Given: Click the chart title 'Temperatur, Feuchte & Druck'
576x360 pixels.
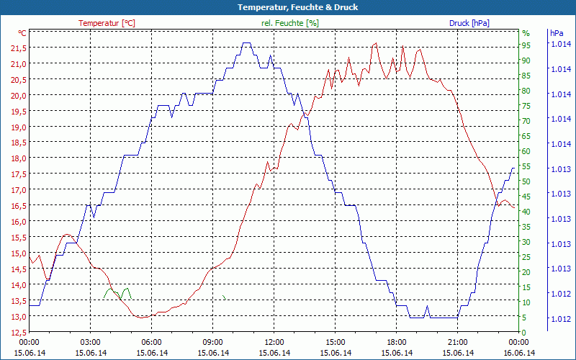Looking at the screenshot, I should click(x=287, y=7).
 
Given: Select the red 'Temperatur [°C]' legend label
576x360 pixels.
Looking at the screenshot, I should click(x=107, y=23).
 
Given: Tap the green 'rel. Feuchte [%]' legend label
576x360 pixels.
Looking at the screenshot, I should click(x=289, y=23).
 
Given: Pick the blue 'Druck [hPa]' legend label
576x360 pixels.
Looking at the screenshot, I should click(x=469, y=23).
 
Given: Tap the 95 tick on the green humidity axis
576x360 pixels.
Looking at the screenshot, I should click(x=526, y=45).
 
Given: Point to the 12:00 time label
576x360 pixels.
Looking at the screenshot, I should click(x=274, y=342).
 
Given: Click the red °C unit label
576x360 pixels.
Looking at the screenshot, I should click(x=22, y=33).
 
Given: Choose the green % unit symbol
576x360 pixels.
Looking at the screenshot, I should click(x=526, y=33).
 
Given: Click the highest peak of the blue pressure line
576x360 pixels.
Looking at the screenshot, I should click(x=247, y=43).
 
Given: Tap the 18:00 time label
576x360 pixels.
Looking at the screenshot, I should click(x=397, y=342).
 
